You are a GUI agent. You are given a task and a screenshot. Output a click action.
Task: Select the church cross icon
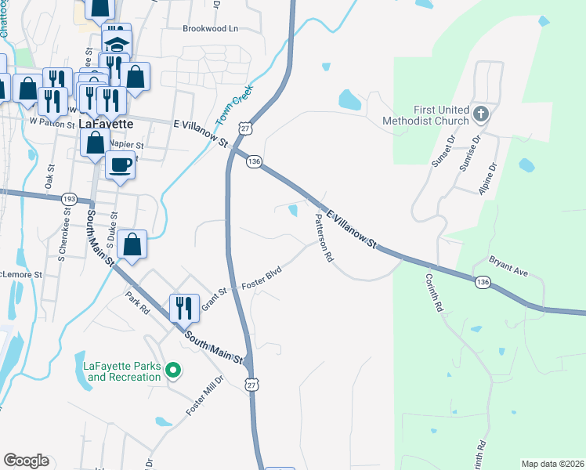pyautogui.click(x=481, y=115)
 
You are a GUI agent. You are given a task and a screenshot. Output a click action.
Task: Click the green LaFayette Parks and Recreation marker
pyautogui.click(x=175, y=371)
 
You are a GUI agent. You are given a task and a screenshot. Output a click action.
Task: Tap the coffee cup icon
pyautogui.click(x=120, y=165)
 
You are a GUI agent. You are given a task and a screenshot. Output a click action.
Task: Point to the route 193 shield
pyautogui.click(x=69, y=200)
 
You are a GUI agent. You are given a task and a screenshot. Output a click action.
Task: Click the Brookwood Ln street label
pyautogui.click(x=210, y=29)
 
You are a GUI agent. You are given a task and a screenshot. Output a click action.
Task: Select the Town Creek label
pyautogui.click(x=231, y=110)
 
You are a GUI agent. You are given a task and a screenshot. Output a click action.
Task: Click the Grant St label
pyautogui.click(x=214, y=298)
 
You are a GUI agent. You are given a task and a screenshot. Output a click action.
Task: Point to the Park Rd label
pyautogui.click(x=138, y=303)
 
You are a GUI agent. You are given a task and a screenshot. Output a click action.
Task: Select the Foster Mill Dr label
pyautogui.click(x=204, y=397)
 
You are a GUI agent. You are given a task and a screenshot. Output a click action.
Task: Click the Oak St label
pyautogui.click(x=50, y=175)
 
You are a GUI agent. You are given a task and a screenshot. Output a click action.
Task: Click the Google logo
pyautogui.click(x=26, y=461)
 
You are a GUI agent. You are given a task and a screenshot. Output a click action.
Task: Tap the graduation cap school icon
pyautogui.click(x=117, y=42)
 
